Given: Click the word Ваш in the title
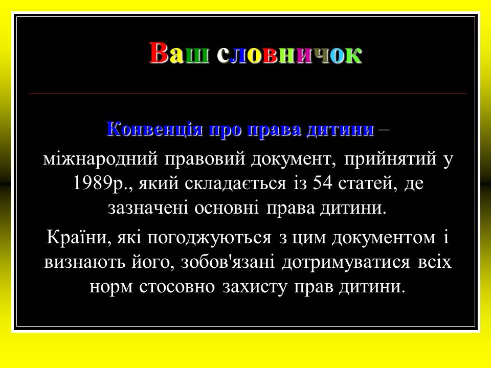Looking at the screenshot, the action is (179, 53).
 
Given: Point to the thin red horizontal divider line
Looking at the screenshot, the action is (248, 93).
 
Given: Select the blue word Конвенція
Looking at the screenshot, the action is (154, 129).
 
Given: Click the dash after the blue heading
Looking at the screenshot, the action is (385, 129).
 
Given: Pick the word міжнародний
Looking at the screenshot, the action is (101, 159).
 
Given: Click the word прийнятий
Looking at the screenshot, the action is (390, 159).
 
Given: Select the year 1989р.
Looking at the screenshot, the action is (101, 183).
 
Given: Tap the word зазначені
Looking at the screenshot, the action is (148, 209).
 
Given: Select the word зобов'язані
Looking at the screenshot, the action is (228, 262).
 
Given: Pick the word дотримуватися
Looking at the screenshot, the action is (346, 263).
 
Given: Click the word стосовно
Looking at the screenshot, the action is (177, 287).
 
